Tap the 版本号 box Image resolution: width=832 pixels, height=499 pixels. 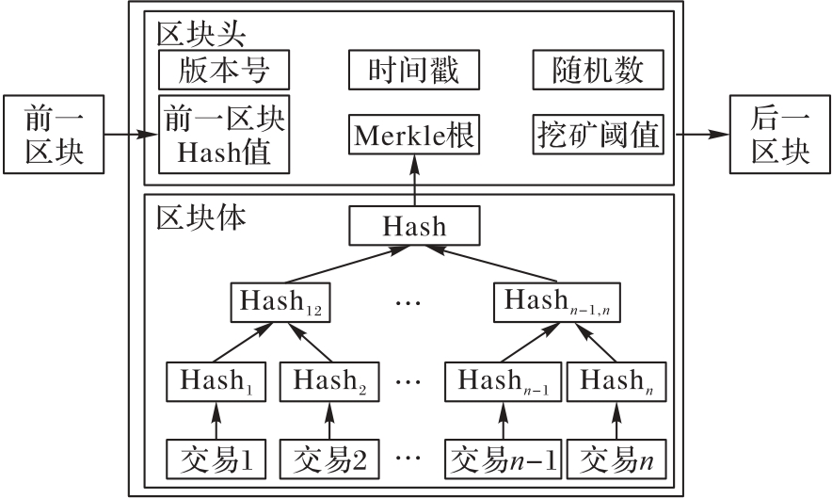click(223, 71)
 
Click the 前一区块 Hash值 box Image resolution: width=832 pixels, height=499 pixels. click(224, 134)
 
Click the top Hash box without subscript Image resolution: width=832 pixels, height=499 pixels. click(414, 228)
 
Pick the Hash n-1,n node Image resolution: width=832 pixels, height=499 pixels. click(554, 301)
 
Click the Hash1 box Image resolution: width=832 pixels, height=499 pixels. click(216, 380)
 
